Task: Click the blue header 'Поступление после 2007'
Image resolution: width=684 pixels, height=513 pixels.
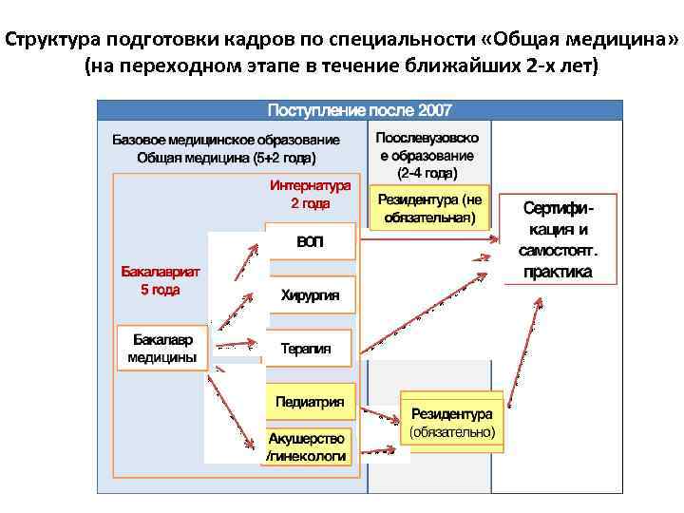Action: [x=360, y=109]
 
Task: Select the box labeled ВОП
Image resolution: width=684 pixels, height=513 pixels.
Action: [x=310, y=242]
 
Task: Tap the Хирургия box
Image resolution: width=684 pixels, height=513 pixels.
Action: [x=310, y=294]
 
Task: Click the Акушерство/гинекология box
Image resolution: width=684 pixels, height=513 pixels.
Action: [x=306, y=447]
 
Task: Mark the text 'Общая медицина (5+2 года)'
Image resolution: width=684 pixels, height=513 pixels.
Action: [x=226, y=158]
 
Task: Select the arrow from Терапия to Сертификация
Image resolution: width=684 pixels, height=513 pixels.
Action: [x=427, y=303]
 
